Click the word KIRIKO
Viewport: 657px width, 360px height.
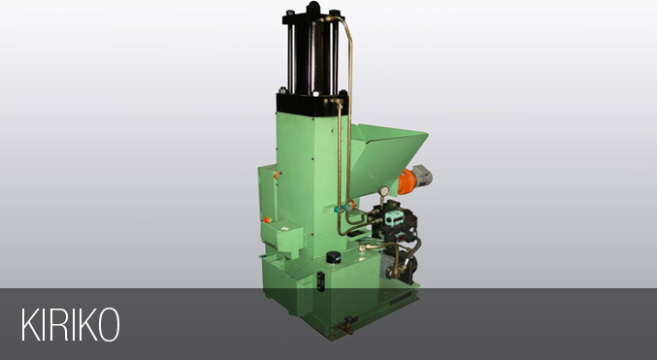(71, 324)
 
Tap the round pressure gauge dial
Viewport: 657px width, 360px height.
(383, 191)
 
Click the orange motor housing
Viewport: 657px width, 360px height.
(406, 181)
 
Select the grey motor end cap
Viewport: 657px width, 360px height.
(422, 175)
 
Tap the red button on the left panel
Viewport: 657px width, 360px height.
(266, 219)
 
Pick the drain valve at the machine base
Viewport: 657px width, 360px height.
(346, 324)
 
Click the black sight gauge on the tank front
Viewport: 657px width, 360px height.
(320, 278)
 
